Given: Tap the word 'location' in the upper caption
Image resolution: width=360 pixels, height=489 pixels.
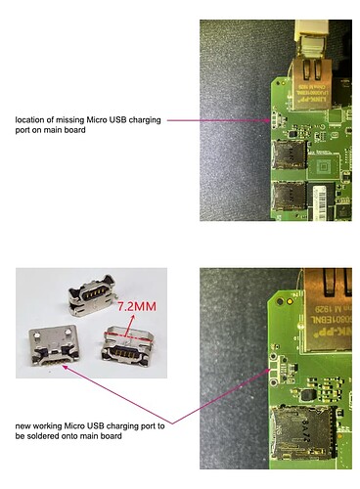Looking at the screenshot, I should point(31,120).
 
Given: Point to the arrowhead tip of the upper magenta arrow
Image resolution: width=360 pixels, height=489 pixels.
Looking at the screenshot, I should point(278,120).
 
